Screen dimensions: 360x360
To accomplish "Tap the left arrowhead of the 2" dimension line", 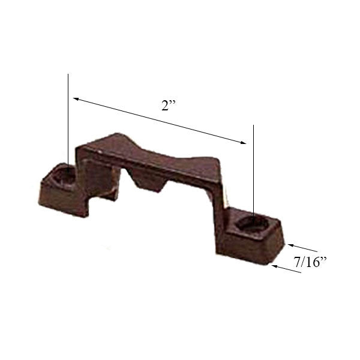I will [74, 97].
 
